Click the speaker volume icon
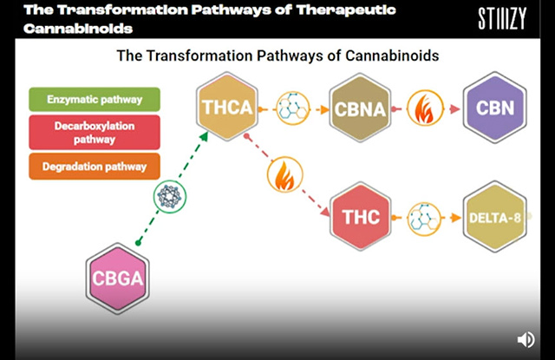(526, 339)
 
